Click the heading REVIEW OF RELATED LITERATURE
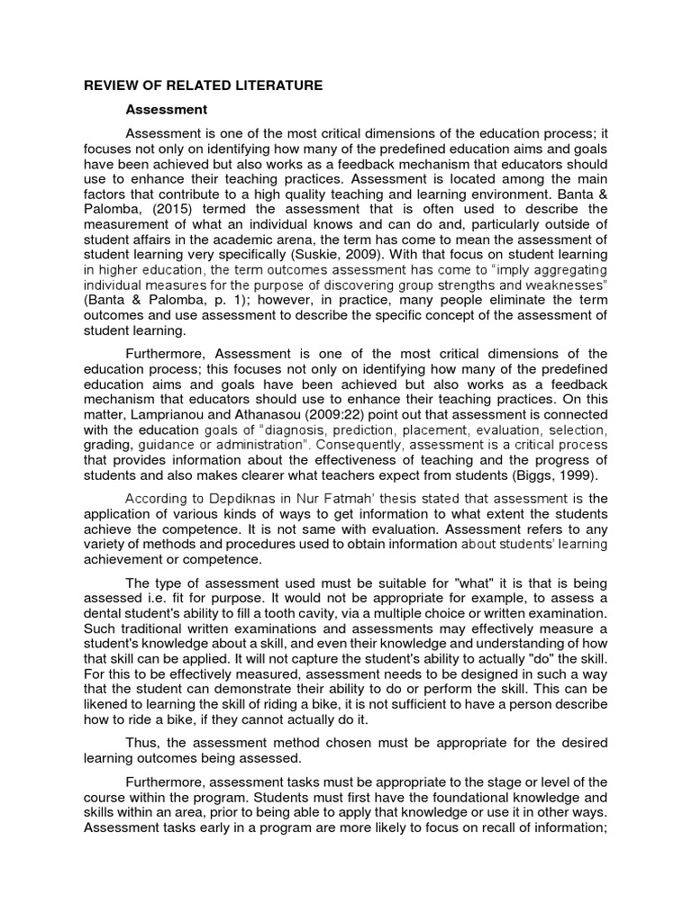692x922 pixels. point(203,86)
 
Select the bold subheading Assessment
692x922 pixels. point(167,110)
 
